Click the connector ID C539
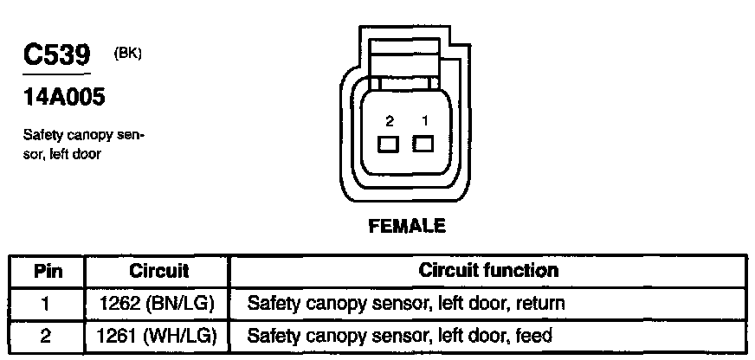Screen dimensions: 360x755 click(x=56, y=57)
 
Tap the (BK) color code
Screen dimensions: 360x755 click(x=127, y=53)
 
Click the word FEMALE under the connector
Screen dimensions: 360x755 click(x=407, y=227)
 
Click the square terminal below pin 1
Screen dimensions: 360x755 click(x=423, y=144)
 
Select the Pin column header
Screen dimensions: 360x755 click(x=47, y=271)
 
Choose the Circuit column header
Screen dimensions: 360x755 click(x=158, y=271)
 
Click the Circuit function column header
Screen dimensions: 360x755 click(x=488, y=270)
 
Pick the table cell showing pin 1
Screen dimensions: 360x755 click(x=47, y=303)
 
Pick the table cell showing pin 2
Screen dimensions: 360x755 click(x=47, y=335)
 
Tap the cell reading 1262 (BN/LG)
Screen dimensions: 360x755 click(x=158, y=303)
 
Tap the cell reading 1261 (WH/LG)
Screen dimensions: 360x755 click(x=158, y=335)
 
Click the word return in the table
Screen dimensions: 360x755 click(x=539, y=304)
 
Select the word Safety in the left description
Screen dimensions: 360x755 click(x=42, y=136)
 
